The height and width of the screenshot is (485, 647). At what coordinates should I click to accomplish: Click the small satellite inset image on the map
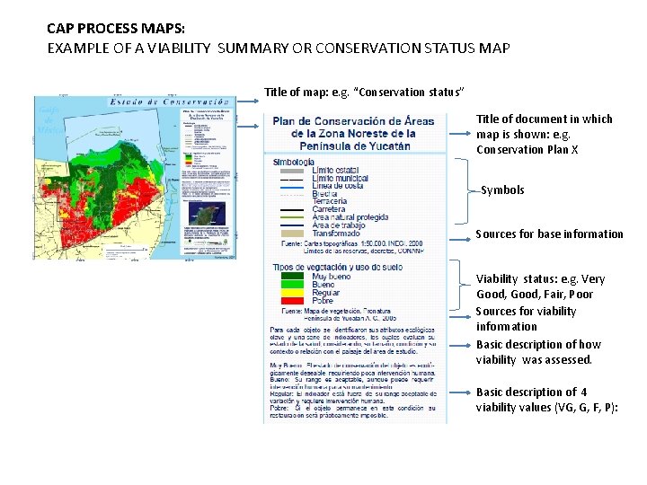[x=206, y=215]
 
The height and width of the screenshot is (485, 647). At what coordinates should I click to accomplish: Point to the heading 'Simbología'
[x=293, y=162]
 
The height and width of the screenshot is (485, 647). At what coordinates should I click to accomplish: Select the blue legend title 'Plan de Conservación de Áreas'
[x=353, y=122]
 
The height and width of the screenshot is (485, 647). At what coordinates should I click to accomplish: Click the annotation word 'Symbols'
[x=502, y=190]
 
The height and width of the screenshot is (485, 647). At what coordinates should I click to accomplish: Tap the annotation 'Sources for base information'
[x=549, y=234]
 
